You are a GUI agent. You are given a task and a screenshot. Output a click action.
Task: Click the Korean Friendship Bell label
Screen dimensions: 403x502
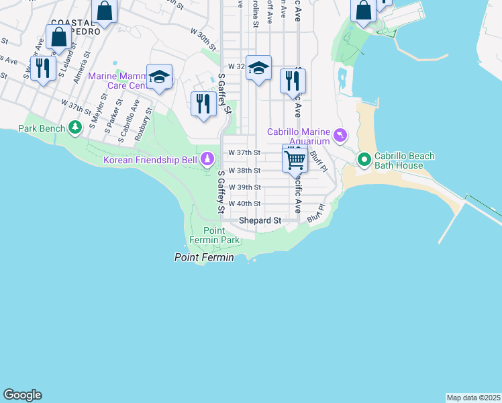(150, 160)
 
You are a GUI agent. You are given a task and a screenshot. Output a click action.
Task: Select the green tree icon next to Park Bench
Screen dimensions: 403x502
(76, 128)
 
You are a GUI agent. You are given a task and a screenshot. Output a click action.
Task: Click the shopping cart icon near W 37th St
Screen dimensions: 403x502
(295, 159)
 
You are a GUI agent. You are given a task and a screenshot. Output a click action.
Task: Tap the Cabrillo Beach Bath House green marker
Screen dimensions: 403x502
(364, 160)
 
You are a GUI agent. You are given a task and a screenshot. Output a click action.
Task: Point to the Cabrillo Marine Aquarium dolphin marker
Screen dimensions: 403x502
(341, 136)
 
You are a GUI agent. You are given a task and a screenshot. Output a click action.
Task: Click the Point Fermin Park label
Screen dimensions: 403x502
(221, 235)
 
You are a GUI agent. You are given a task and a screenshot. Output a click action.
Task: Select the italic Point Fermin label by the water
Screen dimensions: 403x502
(204, 257)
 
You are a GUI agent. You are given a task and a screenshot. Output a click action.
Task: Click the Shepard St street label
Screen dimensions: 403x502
(260, 220)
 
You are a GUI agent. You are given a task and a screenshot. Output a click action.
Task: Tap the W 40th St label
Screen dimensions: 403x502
(244, 204)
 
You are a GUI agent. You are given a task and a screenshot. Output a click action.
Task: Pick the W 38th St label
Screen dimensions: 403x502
(244, 171)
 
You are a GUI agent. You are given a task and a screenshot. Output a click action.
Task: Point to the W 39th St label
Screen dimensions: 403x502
(244, 187)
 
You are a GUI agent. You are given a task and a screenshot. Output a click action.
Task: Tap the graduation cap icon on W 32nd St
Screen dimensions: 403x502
(258, 68)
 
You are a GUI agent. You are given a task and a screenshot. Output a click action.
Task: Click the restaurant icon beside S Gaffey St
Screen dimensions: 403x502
(203, 103)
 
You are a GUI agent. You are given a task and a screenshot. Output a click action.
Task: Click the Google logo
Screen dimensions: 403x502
(22, 395)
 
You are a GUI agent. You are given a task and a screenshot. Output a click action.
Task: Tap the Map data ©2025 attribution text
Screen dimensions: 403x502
(473, 398)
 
